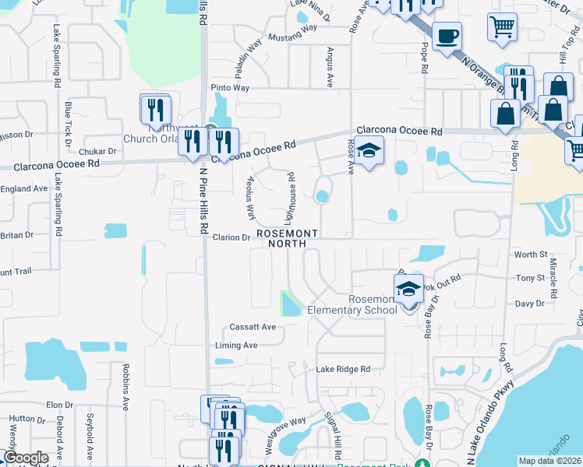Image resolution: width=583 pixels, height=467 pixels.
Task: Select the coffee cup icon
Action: (x=447, y=36)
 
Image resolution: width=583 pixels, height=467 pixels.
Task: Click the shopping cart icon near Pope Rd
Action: (x=502, y=27)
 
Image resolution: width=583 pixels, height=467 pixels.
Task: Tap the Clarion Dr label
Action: (x=231, y=237)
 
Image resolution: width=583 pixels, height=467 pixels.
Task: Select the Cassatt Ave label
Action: (x=253, y=327)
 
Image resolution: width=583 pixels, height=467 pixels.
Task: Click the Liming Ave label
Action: (x=237, y=346)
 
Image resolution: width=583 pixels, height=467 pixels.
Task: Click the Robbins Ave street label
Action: (x=125, y=386)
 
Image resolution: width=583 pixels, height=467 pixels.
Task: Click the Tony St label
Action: (x=530, y=278)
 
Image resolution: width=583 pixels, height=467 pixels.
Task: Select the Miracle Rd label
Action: (x=554, y=279)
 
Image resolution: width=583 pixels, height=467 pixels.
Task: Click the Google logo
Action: (x=26, y=458)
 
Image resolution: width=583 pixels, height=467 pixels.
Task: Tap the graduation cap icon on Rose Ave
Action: (x=371, y=149)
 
